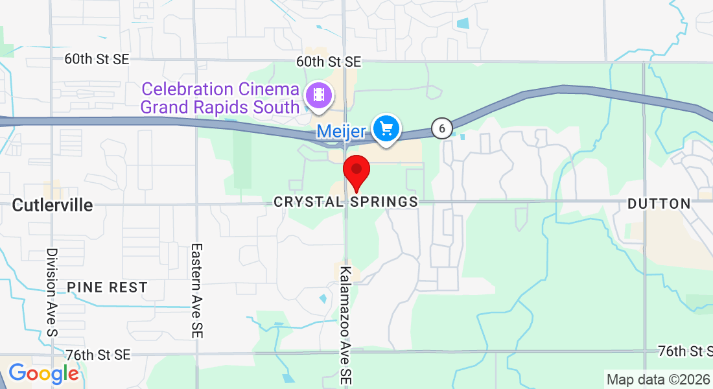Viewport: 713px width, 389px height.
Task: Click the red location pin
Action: pyautogui.click(x=356, y=171)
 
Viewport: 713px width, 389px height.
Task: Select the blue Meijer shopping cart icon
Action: pyautogui.click(x=387, y=128)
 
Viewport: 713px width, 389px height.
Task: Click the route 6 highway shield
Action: pyautogui.click(x=442, y=128)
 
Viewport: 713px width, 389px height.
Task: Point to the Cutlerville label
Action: pyautogui.click(x=53, y=206)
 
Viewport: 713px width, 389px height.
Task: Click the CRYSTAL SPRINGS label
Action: pyautogui.click(x=345, y=202)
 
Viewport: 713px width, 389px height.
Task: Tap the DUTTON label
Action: pyautogui.click(x=659, y=204)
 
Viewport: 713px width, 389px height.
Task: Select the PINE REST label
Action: pyautogui.click(x=107, y=287)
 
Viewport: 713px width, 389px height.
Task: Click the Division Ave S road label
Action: pyautogui.click(x=52, y=292)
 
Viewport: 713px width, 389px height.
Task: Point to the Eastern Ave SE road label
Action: pyautogui.click(x=197, y=290)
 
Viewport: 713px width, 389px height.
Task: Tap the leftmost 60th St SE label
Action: pyautogui.click(x=97, y=59)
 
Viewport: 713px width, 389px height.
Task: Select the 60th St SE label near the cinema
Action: pyautogui.click(x=329, y=62)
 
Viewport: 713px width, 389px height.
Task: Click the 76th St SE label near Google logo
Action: pyautogui.click(x=98, y=355)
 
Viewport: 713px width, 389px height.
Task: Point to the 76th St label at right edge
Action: pyautogui.click(x=684, y=351)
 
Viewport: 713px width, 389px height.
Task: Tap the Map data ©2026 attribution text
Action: pyautogui.click(x=658, y=379)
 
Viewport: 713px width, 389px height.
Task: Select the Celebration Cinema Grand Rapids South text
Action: pyautogui.click(x=220, y=98)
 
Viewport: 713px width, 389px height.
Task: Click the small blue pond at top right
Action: pyautogui.click(x=463, y=23)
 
